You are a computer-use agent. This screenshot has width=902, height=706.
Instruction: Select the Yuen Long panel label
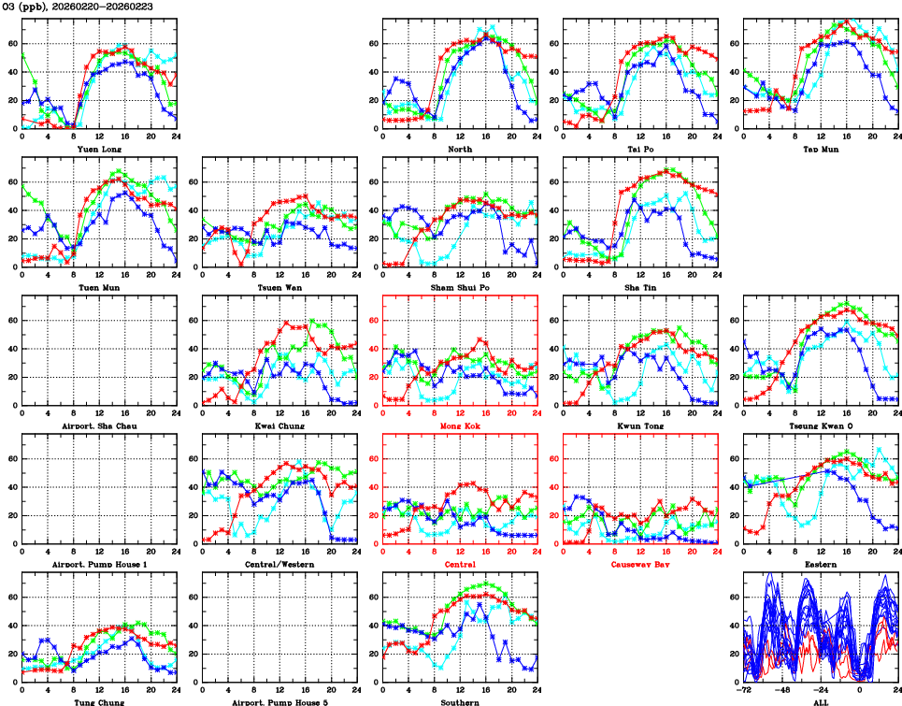[98, 149]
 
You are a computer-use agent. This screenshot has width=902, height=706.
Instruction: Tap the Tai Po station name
[640, 149]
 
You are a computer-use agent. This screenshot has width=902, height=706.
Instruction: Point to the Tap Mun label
[820, 149]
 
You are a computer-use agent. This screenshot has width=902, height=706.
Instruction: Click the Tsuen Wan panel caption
[279, 287]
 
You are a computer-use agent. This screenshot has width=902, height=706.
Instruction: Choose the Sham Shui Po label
[460, 287]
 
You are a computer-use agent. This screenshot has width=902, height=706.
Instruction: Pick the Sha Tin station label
[640, 287]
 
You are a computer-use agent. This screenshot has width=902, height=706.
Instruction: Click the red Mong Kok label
[460, 426]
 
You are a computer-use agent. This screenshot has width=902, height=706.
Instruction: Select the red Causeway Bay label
[640, 565]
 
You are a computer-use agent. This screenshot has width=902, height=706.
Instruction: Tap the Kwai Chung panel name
[279, 426]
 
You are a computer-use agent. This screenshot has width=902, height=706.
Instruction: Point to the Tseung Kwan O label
[820, 426]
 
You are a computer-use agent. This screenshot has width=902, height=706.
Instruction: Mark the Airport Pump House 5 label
[279, 702]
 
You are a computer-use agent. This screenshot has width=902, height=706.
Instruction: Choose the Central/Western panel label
[279, 565]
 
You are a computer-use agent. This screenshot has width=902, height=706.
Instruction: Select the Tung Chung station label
[98, 702]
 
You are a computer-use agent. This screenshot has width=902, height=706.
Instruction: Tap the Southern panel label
[460, 702]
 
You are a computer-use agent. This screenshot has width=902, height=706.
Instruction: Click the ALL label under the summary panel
[820, 702]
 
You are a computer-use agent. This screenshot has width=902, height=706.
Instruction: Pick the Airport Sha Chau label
[98, 426]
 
